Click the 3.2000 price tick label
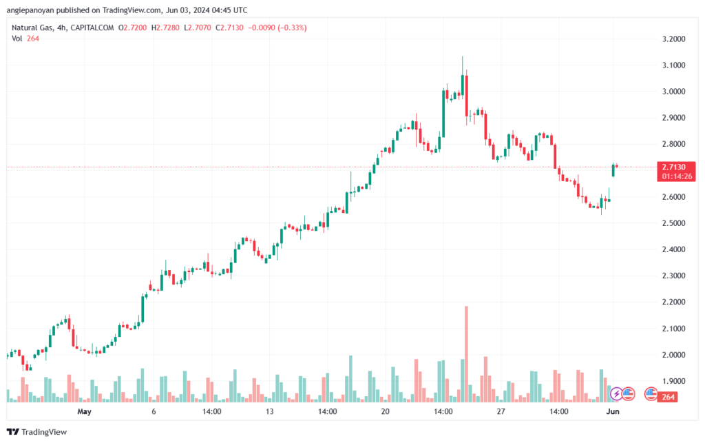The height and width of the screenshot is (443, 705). coord(673,39)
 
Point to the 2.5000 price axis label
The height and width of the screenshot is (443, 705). coord(673,223)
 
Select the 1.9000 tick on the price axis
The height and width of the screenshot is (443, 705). coord(673,381)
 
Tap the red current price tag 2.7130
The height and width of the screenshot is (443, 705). coord(674,167)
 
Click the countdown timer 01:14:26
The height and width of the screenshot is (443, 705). coord(677,176)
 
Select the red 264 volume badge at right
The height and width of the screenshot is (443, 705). coord(668,397)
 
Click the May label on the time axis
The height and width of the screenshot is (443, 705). coord(84,411)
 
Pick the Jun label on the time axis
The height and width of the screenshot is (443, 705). coord(613,411)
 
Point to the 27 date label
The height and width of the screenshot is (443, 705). coord(501,411)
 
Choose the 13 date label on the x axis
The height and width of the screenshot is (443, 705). coord(269,411)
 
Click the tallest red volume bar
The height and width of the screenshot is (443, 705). coord(466,354)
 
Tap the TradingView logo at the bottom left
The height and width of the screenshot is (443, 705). coord(37,432)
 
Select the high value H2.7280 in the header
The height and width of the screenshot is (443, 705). coord(165,28)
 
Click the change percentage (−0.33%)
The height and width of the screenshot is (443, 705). coord(292,28)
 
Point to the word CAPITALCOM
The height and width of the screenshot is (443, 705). coord(92,28)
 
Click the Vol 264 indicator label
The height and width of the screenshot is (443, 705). coord(25,39)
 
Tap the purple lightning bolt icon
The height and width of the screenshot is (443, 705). coord(616,394)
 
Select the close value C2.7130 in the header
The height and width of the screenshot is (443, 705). coord(229,28)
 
